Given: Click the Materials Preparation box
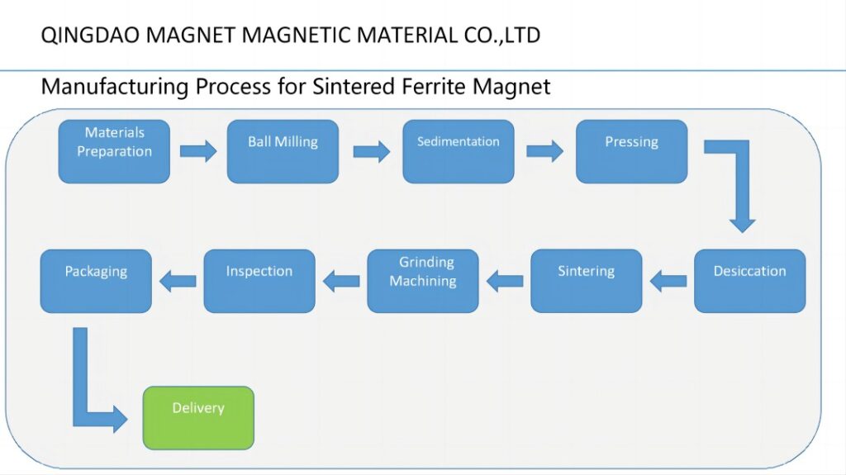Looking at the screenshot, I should pos(114,151).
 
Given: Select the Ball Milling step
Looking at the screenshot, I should pos(283,151).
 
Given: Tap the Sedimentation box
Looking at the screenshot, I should pos(458,151).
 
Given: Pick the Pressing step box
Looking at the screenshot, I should pos(631,151).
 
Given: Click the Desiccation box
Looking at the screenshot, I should pos(749,281).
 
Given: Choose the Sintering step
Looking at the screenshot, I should pos(586,281).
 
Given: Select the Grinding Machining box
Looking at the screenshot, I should pos(423,281).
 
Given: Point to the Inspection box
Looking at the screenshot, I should pos(259,281).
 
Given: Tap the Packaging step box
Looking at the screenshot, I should pos(96,281).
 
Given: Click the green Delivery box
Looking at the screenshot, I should pos(198,417).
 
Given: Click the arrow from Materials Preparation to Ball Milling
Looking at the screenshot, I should pos(198,151).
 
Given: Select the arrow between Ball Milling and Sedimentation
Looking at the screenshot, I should pos(371,151).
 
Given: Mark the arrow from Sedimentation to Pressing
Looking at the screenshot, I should pos(544,151).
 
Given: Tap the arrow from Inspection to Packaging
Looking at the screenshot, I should pos(178,282).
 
